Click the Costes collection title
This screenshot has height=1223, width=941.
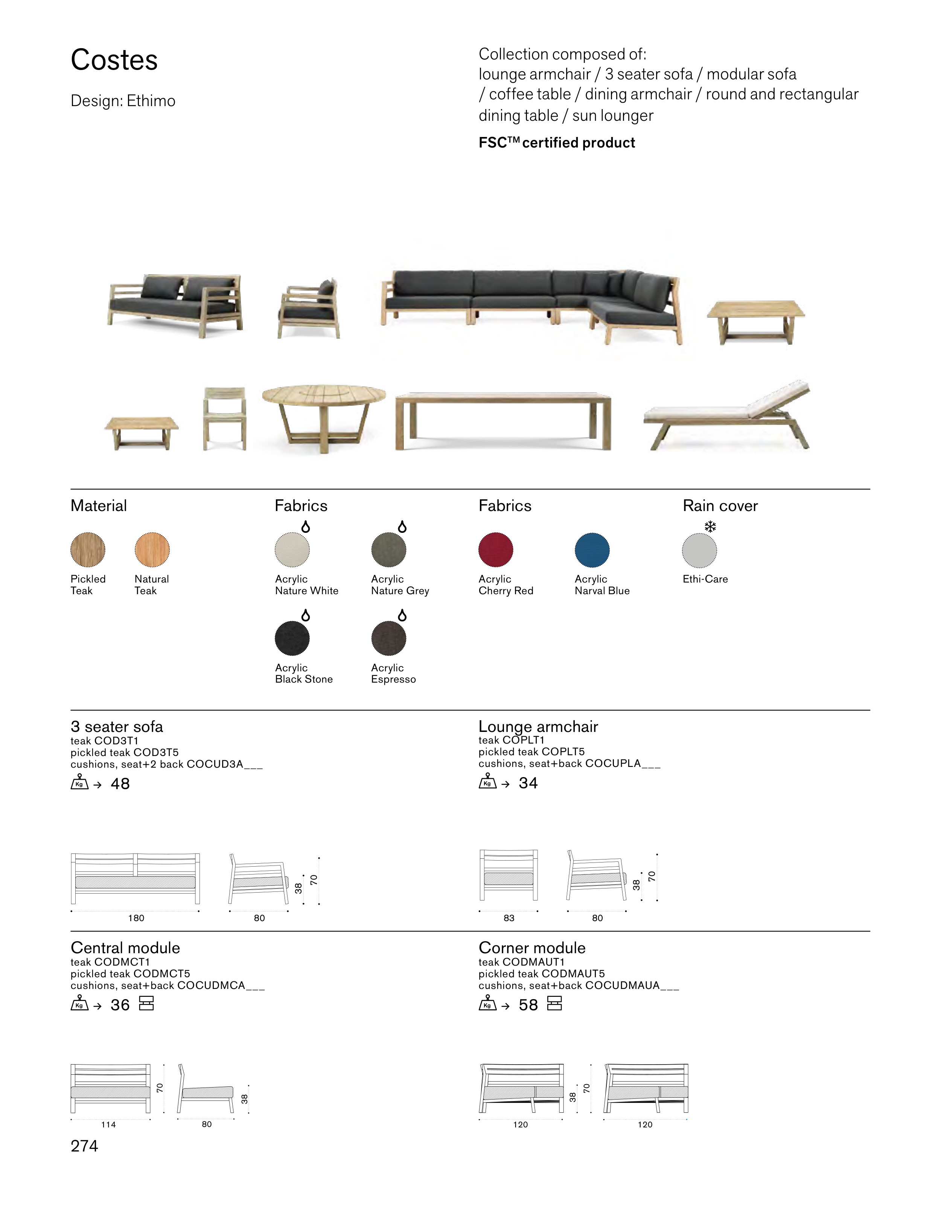(114, 60)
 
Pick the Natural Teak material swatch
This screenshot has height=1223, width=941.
(152, 549)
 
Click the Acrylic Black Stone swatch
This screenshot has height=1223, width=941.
(292, 638)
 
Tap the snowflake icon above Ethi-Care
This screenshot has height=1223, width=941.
(710, 526)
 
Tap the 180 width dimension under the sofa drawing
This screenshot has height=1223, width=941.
(136, 918)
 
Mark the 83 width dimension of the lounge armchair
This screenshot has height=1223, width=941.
(509, 918)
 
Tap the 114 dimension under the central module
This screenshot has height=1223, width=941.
(109, 1124)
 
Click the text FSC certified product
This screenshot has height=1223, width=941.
(556, 143)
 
